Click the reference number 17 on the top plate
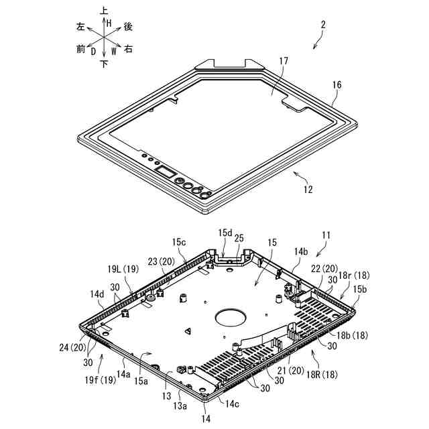coord(284,61)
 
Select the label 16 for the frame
coord(336,86)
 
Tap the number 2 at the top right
coord(323,25)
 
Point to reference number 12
coord(307,190)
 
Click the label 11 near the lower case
coord(326,236)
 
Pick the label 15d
coord(225,233)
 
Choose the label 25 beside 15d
coord(239,238)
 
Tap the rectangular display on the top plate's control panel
coord(165,173)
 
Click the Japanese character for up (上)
coord(104,11)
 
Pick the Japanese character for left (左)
coord(81,27)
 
